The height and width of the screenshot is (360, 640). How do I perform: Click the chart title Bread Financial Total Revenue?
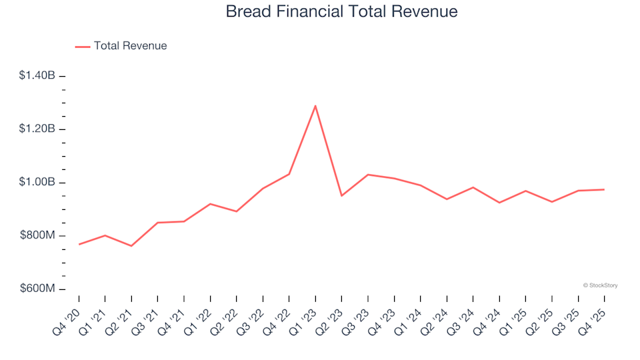[341, 12]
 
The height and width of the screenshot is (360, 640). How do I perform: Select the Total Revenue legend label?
[130, 46]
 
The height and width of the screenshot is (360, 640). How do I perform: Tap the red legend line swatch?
[83, 46]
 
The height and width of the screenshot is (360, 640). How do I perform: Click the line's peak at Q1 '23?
[315, 105]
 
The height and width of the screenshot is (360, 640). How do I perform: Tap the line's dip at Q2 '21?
[131, 246]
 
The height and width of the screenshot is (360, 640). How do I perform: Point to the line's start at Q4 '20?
[79, 244]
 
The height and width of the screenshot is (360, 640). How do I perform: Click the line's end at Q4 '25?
[605, 189]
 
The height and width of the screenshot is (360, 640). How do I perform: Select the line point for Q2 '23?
[341, 195]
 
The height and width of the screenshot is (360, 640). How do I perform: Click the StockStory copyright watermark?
[600, 285]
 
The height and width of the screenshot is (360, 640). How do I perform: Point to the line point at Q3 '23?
[368, 175]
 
